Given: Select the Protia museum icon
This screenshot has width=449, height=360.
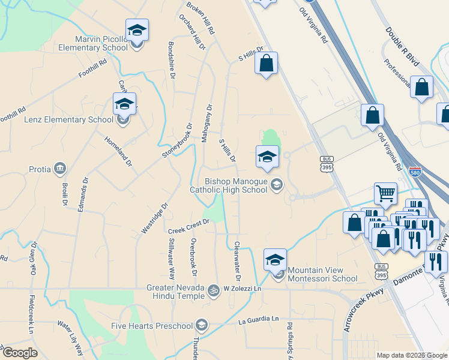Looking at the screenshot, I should pos(59,168).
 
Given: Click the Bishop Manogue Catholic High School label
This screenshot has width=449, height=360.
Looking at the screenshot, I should pos(228,185).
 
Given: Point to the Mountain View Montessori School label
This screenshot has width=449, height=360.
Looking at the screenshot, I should pos(322,274).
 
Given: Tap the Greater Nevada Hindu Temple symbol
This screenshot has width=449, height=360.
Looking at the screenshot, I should pos(212,290).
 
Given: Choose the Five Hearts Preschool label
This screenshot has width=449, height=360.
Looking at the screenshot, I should pos(152,326).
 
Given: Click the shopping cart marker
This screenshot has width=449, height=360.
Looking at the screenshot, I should pos(385,193).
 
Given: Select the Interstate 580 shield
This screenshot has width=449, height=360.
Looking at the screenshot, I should pos(415,172).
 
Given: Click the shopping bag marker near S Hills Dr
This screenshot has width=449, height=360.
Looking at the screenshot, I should pos(267,63).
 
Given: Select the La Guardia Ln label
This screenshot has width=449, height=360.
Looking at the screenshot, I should pos(259,320).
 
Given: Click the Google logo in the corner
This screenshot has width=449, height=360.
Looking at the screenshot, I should pos(20,353).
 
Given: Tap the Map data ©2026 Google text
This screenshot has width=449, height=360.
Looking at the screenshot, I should pos(411,355).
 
